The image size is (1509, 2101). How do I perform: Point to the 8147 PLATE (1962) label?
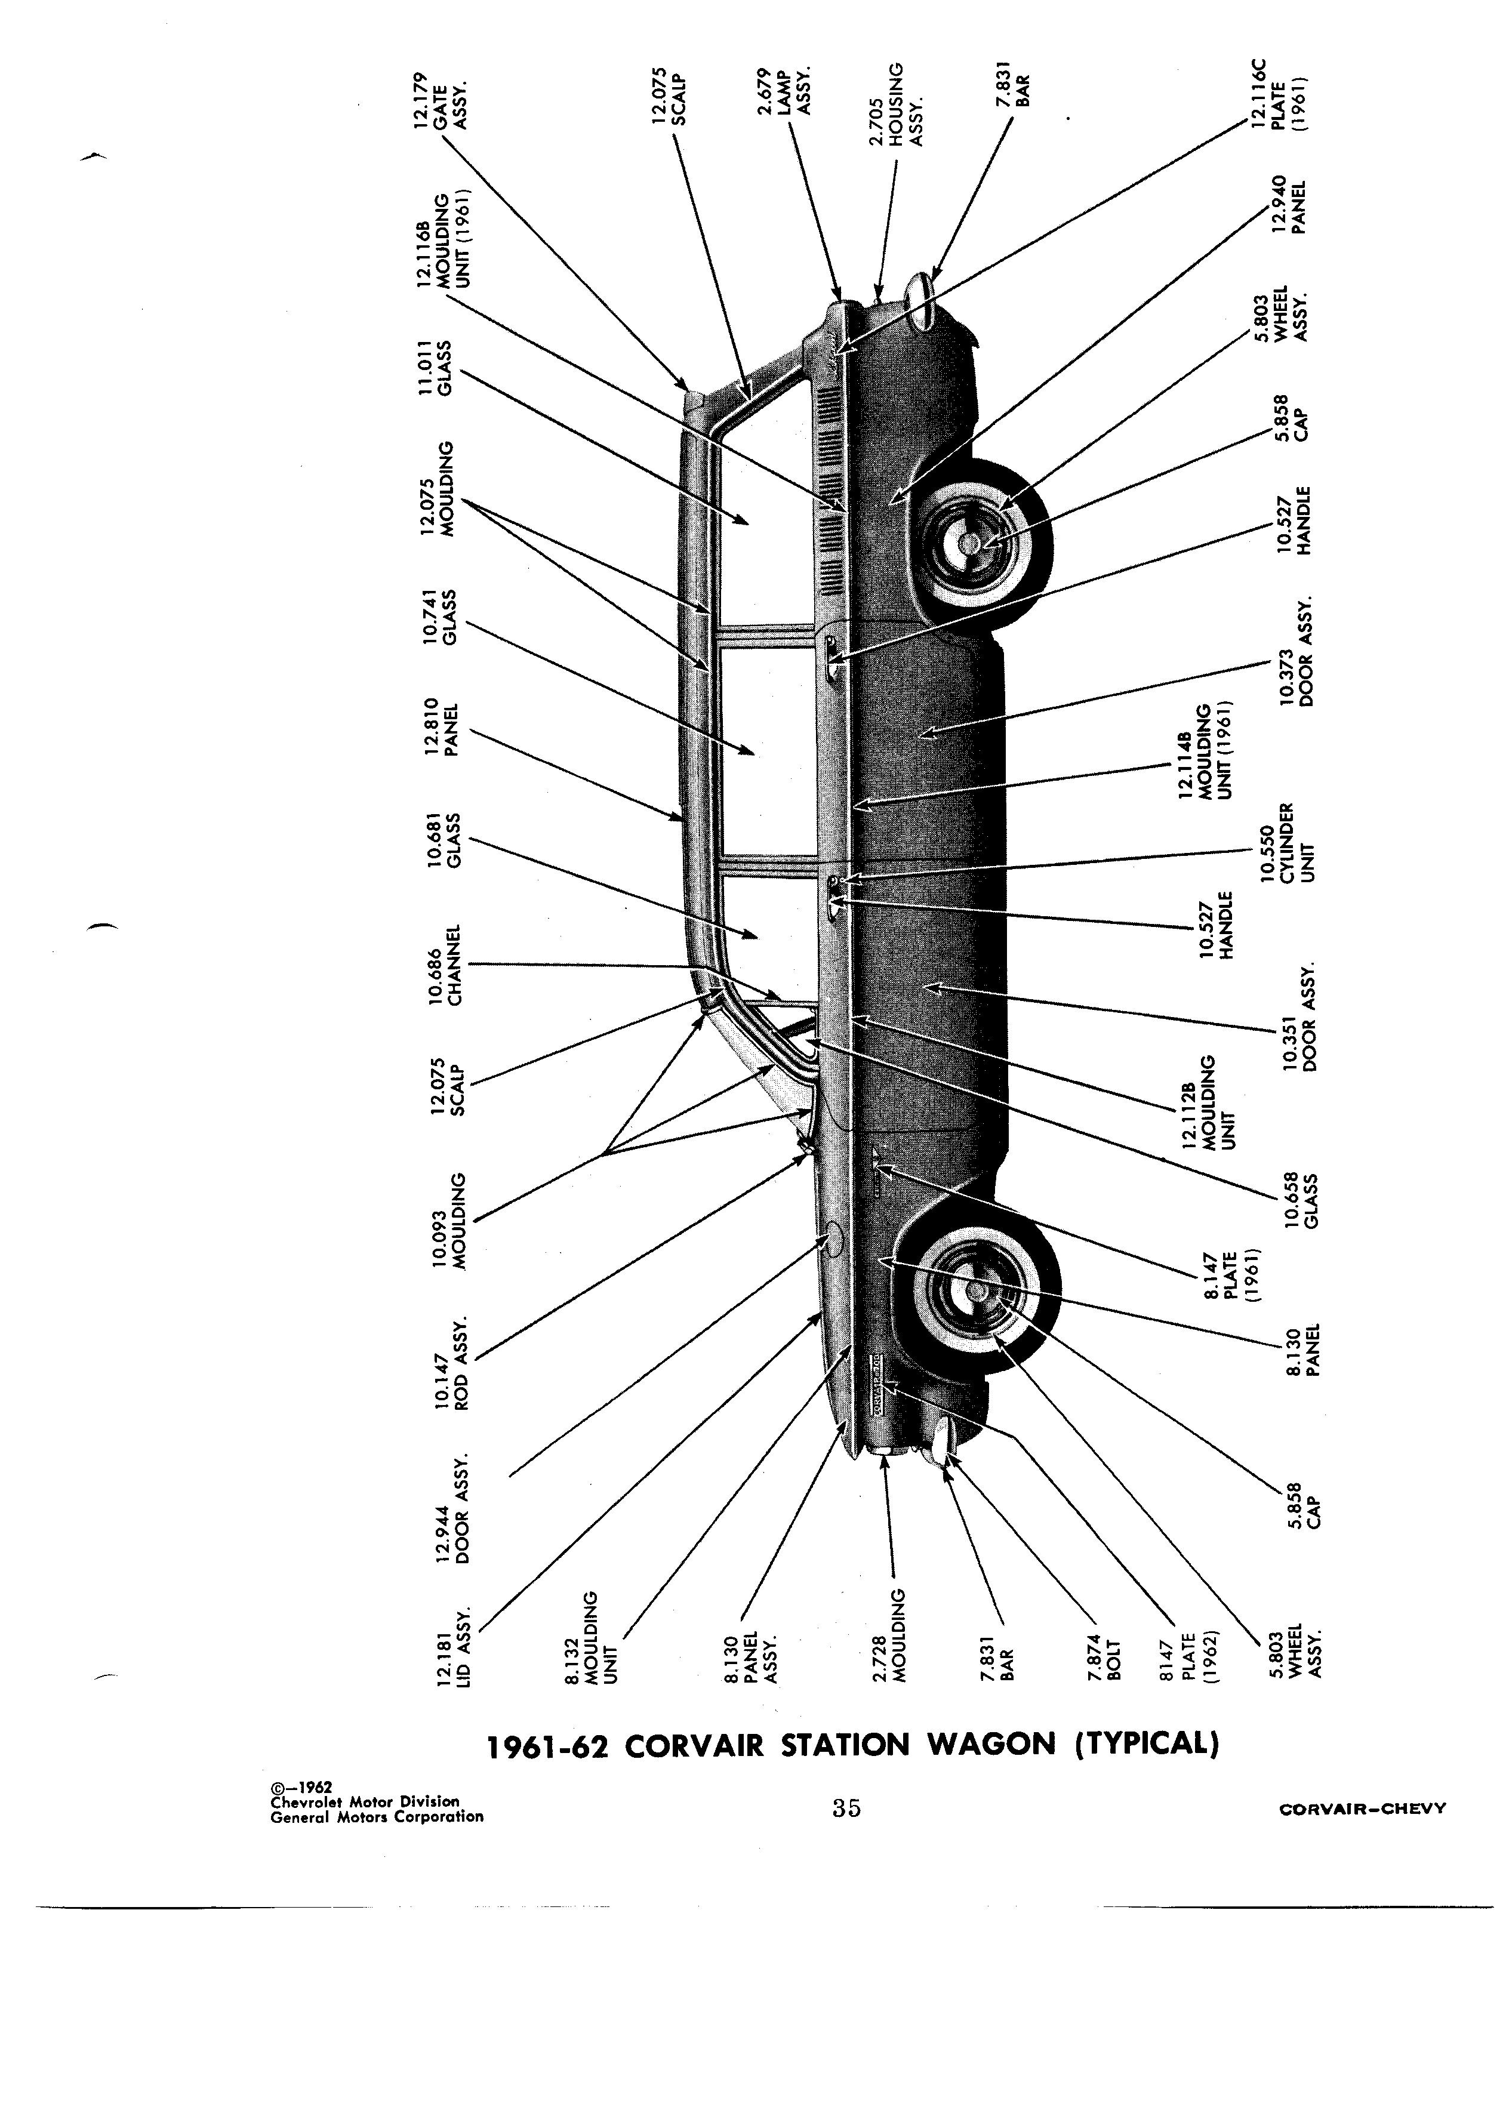[1191, 1653]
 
